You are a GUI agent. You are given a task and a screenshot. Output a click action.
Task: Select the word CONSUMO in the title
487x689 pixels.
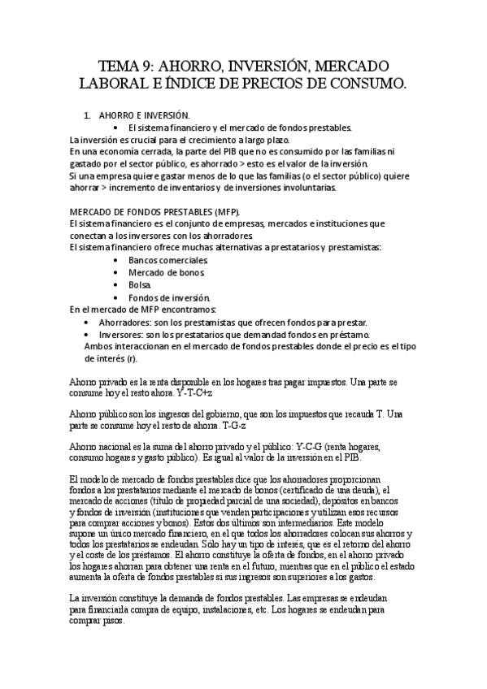(x=369, y=84)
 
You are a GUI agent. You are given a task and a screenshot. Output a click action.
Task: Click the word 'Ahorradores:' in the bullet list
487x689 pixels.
(x=126, y=322)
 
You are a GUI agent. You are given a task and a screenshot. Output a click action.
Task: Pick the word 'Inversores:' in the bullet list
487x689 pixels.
(x=122, y=334)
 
